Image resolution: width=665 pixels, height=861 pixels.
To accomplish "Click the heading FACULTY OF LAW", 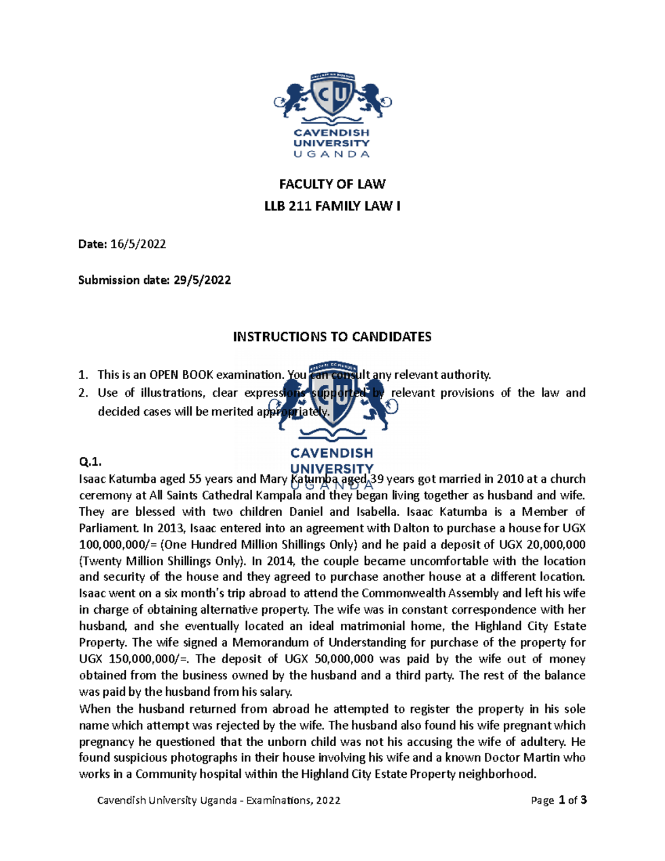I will tap(332, 184).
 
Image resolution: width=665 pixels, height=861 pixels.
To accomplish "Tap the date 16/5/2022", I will tap(138, 244).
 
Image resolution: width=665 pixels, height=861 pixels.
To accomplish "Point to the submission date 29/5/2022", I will tap(202, 280).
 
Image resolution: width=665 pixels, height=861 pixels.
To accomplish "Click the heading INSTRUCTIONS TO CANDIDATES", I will tap(332, 337).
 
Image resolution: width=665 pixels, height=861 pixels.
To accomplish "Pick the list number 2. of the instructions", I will tap(83, 393).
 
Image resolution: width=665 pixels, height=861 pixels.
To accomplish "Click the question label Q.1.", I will tap(90, 462).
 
